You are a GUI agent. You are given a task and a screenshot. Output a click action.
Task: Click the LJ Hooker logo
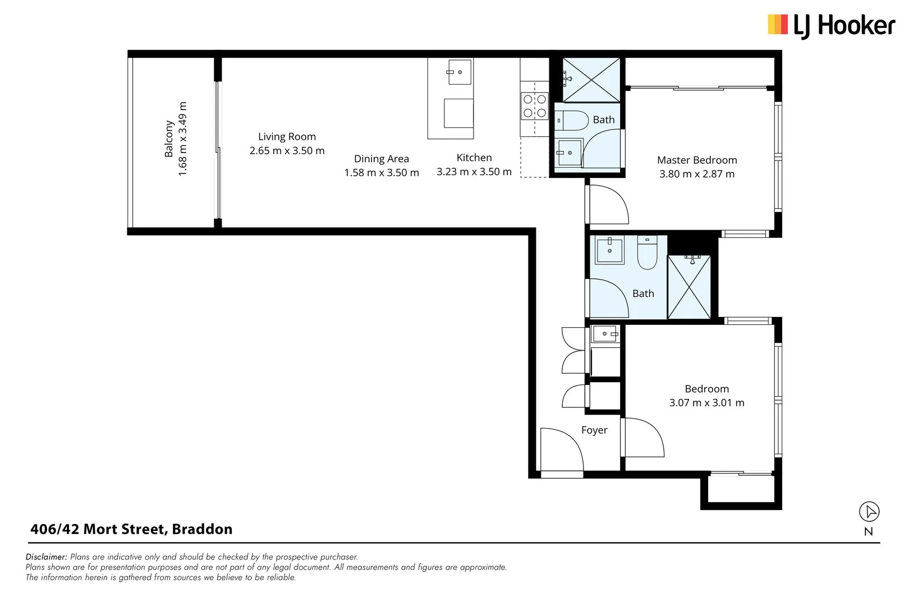tap(830, 26)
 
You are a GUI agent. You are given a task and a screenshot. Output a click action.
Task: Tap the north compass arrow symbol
tap(869, 511)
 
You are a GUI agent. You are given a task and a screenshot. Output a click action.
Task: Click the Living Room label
tap(287, 136)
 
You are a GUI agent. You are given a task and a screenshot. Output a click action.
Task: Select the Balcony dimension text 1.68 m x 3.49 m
tap(182, 139)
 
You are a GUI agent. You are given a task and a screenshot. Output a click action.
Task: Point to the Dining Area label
tap(381, 159)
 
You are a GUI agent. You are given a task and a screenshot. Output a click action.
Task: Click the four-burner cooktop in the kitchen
tap(535, 106)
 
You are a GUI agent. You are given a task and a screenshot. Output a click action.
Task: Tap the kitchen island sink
tap(460, 72)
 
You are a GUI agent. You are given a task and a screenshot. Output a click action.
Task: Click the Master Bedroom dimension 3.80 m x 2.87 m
tap(696, 174)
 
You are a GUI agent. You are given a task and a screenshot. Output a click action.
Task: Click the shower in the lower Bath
tap(689, 287)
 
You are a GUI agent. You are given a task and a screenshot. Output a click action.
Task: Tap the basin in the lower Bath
tap(609, 250)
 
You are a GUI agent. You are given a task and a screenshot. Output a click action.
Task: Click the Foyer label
tap(594, 430)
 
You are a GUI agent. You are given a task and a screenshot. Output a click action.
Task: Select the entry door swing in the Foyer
tap(561, 449)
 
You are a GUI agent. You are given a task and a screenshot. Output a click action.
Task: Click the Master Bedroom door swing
tap(607, 204)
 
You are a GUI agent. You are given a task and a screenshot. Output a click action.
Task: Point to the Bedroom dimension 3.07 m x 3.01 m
tap(706, 403)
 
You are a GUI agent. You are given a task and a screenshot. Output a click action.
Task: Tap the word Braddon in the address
tap(202, 529)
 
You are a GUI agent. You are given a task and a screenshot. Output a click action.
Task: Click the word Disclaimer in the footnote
tap(47, 557)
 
